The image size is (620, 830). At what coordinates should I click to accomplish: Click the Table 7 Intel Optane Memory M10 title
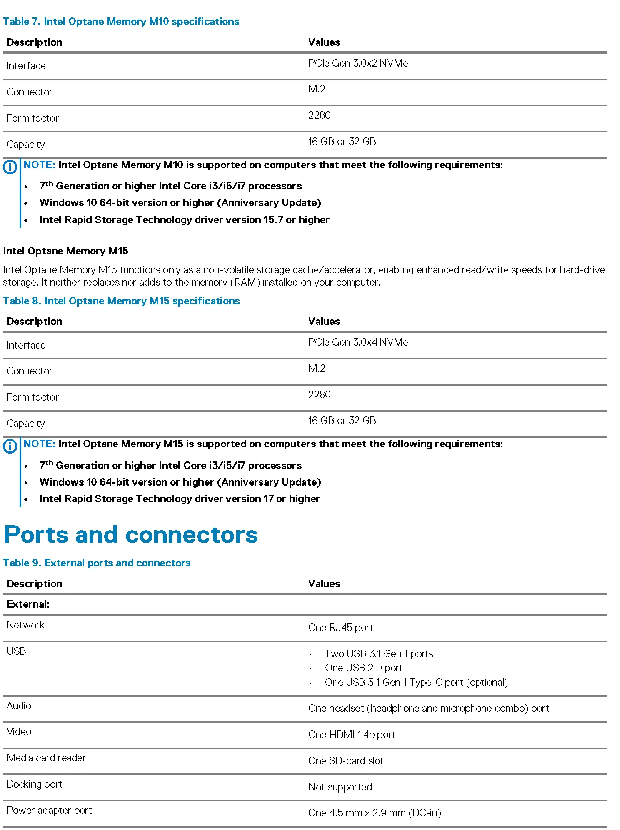121,22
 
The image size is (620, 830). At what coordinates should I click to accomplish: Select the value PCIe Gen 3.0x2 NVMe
358,63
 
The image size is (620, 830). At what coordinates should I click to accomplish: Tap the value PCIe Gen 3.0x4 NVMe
358,342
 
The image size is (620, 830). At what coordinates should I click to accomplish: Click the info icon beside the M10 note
10,167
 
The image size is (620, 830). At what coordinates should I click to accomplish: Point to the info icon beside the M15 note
10,446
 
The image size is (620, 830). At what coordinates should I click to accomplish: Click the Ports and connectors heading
131,535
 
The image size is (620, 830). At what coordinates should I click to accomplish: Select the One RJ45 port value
340,628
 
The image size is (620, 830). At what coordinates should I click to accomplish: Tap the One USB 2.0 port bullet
363,668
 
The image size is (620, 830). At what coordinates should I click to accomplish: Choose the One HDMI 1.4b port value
351,735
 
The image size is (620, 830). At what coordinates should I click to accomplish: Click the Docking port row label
35,784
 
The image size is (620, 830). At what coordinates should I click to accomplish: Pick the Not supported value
340,787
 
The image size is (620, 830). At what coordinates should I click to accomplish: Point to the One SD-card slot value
345,761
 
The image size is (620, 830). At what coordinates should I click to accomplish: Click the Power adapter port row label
49,810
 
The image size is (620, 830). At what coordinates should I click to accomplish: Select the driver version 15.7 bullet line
184,220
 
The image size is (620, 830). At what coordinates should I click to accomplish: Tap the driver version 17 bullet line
180,499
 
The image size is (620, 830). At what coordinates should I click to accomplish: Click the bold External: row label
28,604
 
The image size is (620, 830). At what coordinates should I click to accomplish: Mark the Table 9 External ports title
97,563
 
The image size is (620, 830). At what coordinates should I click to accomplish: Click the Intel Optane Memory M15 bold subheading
65,251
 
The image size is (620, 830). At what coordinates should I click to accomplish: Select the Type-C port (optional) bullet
416,683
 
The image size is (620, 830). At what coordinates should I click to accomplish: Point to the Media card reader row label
46,758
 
